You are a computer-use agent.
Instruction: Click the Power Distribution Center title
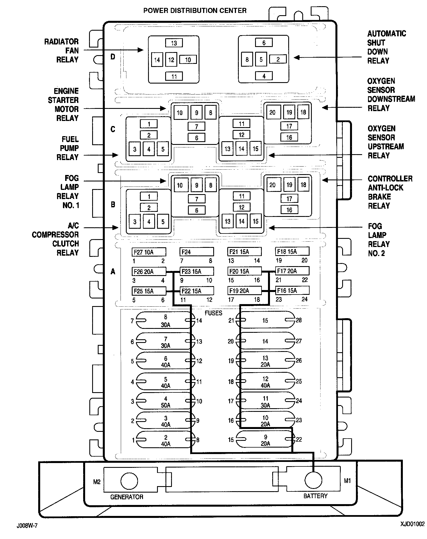point(195,11)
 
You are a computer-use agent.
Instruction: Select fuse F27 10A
point(149,252)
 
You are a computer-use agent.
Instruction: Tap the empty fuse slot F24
point(196,252)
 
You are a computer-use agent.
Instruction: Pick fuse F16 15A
point(292,290)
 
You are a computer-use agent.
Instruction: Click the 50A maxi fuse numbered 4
point(165,402)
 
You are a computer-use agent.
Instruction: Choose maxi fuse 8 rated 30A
point(165,321)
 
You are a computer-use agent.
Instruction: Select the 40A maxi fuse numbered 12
point(265,382)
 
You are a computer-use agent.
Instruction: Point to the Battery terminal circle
point(313,480)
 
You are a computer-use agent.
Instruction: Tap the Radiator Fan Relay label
point(62,51)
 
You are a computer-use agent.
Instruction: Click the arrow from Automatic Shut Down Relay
point(328,57)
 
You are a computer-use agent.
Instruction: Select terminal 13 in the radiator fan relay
point(174,43)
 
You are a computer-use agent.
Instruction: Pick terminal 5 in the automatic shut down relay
point(261,60)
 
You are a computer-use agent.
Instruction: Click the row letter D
point(113,57)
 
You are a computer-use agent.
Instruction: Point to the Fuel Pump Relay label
point(68,148)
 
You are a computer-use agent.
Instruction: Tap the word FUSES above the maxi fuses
point(213,313)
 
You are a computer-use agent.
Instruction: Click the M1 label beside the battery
point(347,481)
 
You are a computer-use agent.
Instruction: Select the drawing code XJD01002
point(412,524)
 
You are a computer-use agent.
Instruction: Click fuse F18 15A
point(292,251)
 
